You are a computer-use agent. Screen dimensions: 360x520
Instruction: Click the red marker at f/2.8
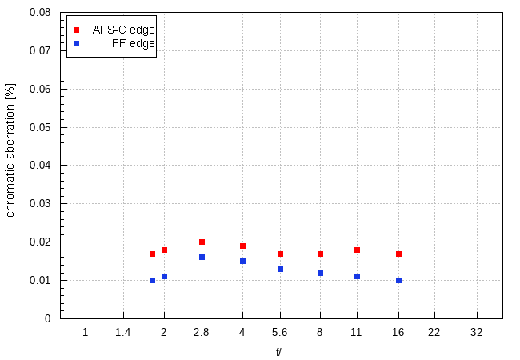point(202,242)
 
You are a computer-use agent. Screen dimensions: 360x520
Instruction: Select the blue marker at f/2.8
point(202,257)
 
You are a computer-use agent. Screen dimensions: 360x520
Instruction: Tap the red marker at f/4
point(242,246)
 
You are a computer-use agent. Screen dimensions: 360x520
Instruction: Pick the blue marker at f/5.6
point(280,269)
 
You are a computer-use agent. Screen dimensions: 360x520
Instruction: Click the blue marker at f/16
point(398,280)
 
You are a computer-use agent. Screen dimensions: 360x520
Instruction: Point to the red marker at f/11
point(357,250)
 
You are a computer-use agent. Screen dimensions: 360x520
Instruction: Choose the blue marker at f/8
point(320,273)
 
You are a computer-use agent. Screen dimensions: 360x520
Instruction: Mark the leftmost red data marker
point(152,254)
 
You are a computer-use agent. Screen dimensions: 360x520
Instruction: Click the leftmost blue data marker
point(152,280)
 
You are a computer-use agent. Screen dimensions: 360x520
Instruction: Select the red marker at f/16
point(398,254)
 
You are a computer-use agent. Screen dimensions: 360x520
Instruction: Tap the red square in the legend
point(77,30)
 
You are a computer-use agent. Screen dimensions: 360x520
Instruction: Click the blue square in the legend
point(77,43)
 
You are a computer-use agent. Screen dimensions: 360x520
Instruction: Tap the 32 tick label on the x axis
point(477,331)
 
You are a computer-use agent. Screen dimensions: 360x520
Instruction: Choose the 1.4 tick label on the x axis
point(123,331)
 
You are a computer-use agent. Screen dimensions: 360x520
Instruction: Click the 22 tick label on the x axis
point(434,331)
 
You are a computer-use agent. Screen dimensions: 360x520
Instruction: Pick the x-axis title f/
point(278,351)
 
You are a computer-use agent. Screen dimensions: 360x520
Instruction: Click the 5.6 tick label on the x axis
point(280,331)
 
